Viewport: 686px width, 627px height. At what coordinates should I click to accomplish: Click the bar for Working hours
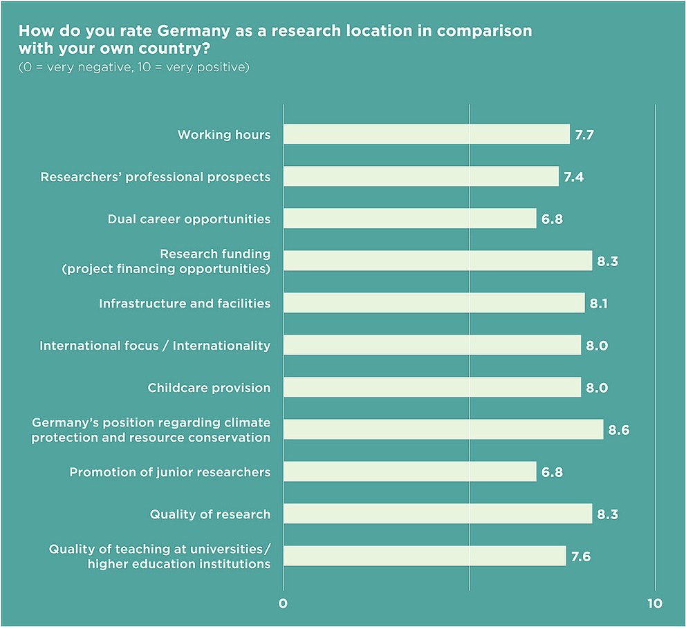pyautogui.click(x=426, y=134)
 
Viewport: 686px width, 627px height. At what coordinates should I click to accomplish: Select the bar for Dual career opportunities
pyautogui.click(x=409, y=218)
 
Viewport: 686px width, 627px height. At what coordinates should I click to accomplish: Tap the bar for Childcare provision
pyautogui.click(x=432, y=387)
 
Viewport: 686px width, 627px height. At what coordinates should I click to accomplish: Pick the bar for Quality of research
pyautogui.click(x=437, y=514)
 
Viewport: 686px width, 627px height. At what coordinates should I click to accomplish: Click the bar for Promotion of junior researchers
pyautogui.click(x=409, y=471)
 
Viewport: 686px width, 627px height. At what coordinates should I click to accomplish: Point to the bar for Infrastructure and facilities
pyautogui.click(x=434, y=303)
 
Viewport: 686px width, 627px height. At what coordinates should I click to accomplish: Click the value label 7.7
pyautogui.click(x=584, y=135)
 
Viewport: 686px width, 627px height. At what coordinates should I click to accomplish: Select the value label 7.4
pyautogui.click(x=573, y=177)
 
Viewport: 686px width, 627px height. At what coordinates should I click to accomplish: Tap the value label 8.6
pyautogui.click(x=618, y=430)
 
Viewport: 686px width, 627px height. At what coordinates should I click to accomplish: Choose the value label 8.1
pyautogui.click(x=599, y=303)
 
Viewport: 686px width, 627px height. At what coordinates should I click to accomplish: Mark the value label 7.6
pyautogui.click(x=581, y=556)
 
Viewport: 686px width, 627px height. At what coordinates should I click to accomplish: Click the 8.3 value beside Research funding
pyautogui.click(x=607, y=261)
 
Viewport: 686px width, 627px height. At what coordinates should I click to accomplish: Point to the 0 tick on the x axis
pyautogui.click(x=283, y=603)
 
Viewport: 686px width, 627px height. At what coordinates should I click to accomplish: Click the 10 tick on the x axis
pyautogui.click(x=654, y=603)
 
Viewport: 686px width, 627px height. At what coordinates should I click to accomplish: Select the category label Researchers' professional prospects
pyautogui.click(x=156, y=177)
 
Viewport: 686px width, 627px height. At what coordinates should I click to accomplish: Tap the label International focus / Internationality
pyautogui.click(x=155, y=345)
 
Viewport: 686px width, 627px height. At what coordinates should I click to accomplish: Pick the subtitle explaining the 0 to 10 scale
pyautogui.click(x=133, y=67)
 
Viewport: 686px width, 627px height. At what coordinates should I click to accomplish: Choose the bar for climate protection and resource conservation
pyautogui.click(x=443, y=429)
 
